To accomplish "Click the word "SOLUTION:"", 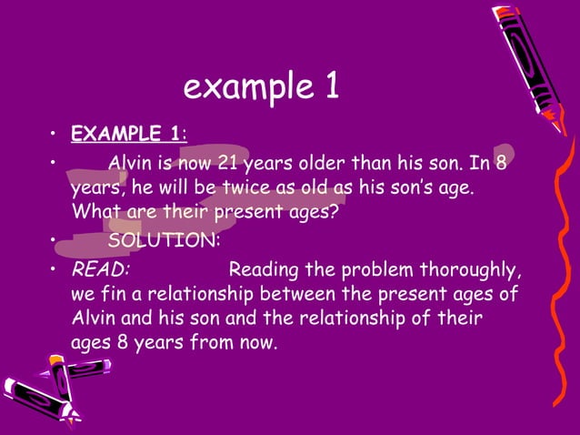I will pyautogui.click(x=163, y=242).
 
